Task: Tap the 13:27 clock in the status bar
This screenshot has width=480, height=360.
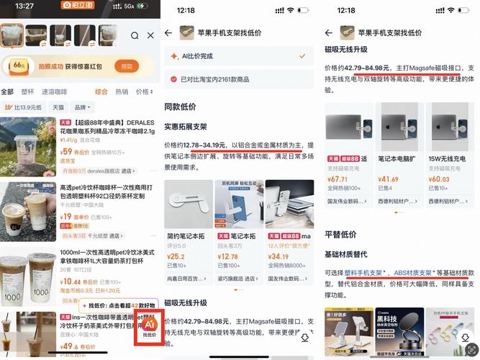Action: coord(24,6)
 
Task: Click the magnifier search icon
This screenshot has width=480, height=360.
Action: coord(135,35)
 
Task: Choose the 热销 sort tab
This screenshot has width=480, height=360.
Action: coord(122,92)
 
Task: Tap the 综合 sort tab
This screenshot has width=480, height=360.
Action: coord(101,92)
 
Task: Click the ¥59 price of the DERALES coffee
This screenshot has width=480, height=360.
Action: coord(66,152)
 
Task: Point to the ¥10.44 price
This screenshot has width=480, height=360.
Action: coord(71,282)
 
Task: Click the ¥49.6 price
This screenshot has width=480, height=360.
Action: coord(69,347)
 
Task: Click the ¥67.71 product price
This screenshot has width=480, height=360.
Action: coord(338,179)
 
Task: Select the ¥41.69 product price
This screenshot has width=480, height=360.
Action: coord(389,179)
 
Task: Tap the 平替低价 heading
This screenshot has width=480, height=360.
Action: coord(340,234)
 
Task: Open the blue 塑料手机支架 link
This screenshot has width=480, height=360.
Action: coord(367,274)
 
